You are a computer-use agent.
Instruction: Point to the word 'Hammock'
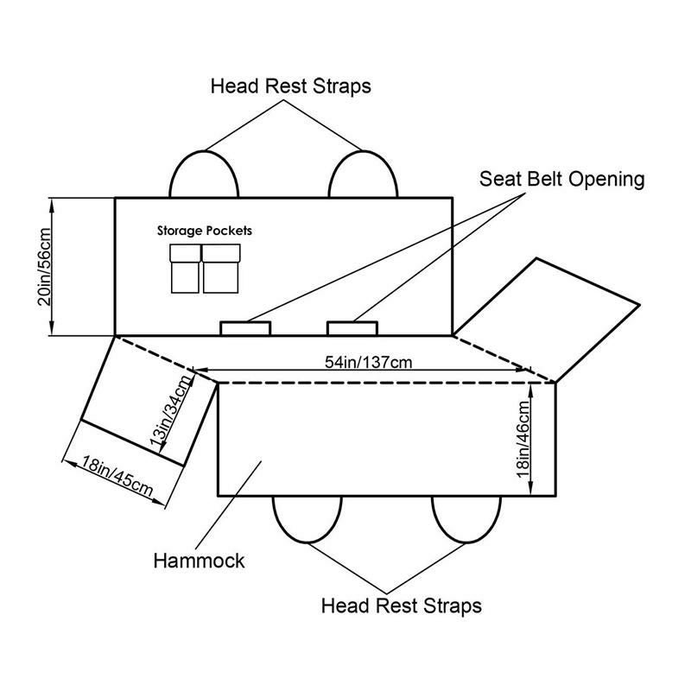[199, 560]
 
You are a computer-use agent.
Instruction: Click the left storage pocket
[185, 269]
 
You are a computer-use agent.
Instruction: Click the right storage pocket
[221, 269]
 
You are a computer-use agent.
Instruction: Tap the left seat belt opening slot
[245, 328]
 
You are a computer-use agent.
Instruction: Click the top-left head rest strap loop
[204, 175]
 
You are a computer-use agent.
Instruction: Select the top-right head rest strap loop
[364, 175]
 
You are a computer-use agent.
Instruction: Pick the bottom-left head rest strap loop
[307, 519]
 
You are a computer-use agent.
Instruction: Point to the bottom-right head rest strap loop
[466, 519]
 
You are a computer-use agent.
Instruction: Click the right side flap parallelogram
[553, 320]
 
